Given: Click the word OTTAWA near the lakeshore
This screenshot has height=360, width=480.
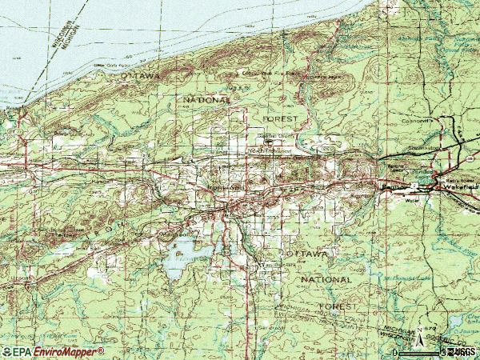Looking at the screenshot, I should tap(141, 74).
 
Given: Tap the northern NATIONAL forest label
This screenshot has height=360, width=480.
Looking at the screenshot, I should tap(207, 100).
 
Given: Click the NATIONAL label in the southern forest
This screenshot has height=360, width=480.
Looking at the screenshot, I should tap(326, 280).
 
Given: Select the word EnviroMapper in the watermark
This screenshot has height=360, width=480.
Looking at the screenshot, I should tap(70, 352).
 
